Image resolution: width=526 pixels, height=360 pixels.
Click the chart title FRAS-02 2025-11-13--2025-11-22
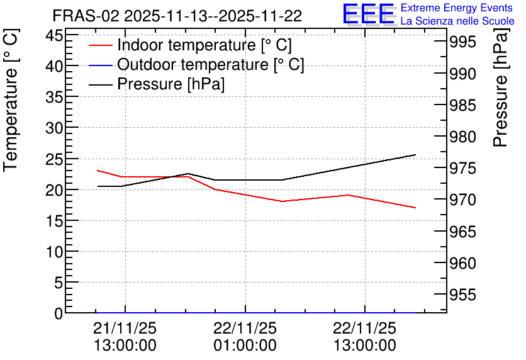point(177,16)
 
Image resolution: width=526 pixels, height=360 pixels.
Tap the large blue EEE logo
point(368,14)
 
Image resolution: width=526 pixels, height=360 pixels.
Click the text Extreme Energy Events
point(457,8)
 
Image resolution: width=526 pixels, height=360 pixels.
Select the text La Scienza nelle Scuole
point(457,21)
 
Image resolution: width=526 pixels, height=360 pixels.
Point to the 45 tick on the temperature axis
point(54,35)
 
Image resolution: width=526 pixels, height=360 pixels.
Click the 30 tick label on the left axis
point(54,128)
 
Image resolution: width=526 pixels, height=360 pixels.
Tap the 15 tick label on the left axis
point(54,220)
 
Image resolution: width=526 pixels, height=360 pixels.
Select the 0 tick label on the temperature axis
point(59,313)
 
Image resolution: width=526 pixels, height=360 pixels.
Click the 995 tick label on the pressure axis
point(462,42)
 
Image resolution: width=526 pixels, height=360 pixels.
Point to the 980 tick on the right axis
point(462,137)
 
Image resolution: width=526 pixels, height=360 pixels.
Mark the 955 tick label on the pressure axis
point(462,295)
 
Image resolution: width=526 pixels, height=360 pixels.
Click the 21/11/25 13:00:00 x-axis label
point(125,337)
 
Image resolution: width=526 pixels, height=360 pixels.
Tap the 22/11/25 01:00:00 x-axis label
point(245,337)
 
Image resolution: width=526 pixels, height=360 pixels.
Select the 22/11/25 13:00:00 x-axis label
point(365,337)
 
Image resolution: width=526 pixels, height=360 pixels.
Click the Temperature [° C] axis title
point(11,101)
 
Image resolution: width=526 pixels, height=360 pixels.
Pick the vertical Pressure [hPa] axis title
point(500,87)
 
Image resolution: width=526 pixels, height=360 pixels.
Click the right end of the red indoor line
point(416,208)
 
